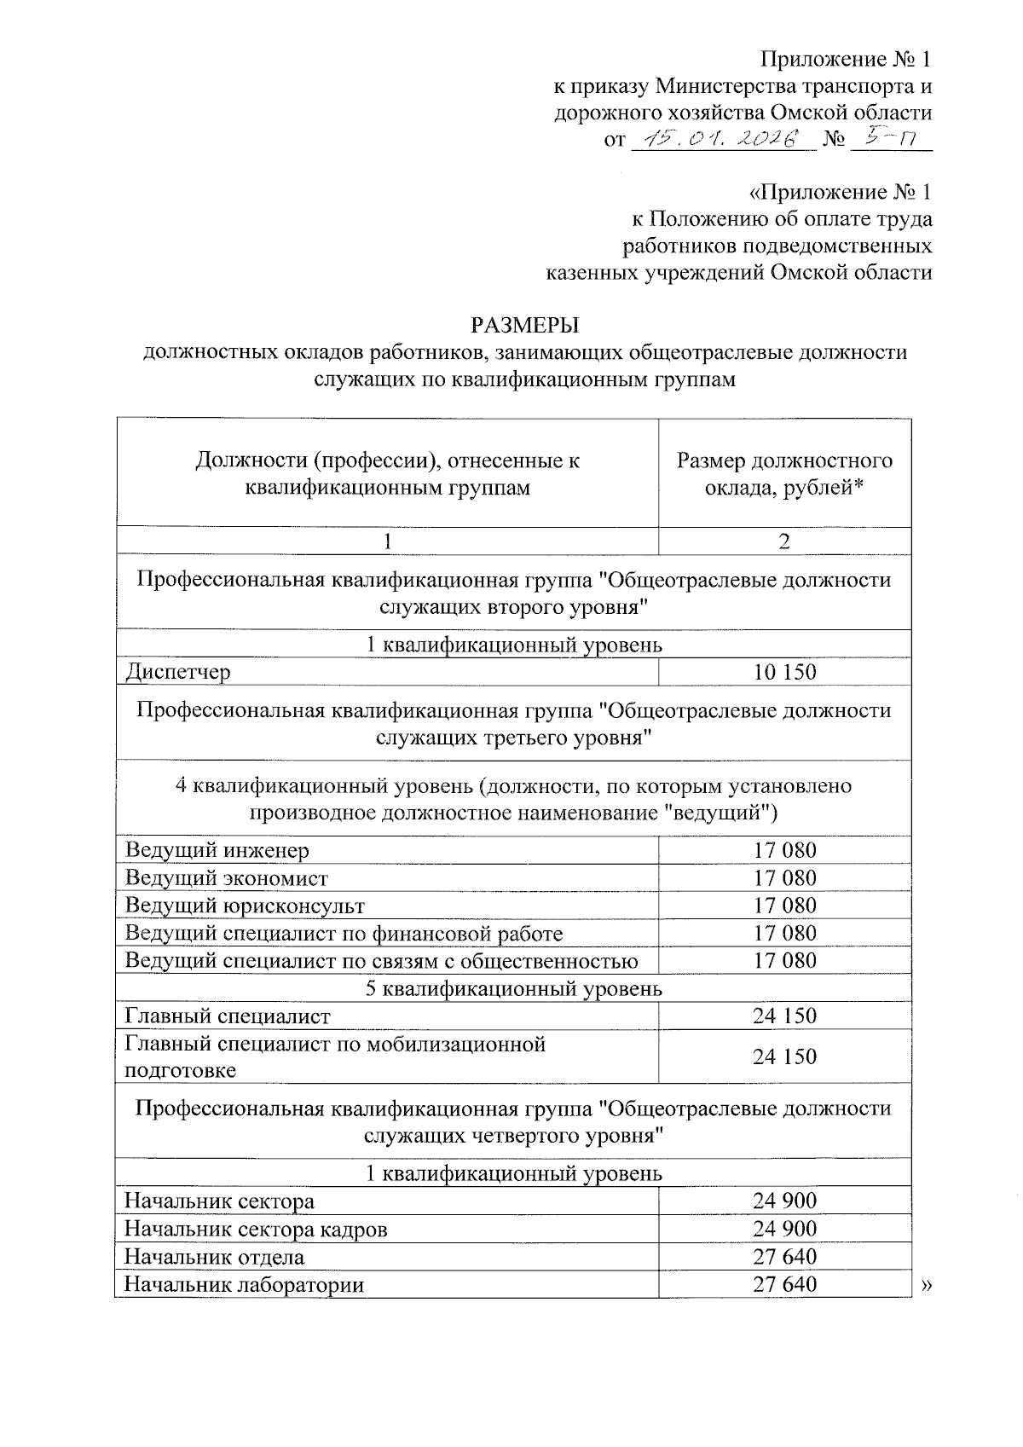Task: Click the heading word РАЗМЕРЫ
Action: tap(524, 325)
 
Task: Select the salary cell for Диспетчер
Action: tap(784, 672)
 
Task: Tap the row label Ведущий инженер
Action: tap(217, 850)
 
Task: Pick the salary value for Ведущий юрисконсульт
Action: tap(784, 906)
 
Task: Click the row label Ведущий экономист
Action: tap(227, 878)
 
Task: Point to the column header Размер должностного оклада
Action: tap(784, 474)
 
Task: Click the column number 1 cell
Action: tap(388, 541)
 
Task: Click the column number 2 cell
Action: tap(784, 541)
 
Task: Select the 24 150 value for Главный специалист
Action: tap(784, 1016)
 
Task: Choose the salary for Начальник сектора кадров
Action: tap(784, 1229)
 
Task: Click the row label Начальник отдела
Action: tap(214, 1257)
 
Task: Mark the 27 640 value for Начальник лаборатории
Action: tap(784, 1284)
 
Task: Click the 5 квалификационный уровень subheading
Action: tap(513, 988)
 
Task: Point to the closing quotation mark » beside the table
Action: tap(927, 1285)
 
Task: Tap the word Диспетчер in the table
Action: tap(177, 672)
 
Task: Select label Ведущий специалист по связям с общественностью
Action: tap(381, 961)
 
